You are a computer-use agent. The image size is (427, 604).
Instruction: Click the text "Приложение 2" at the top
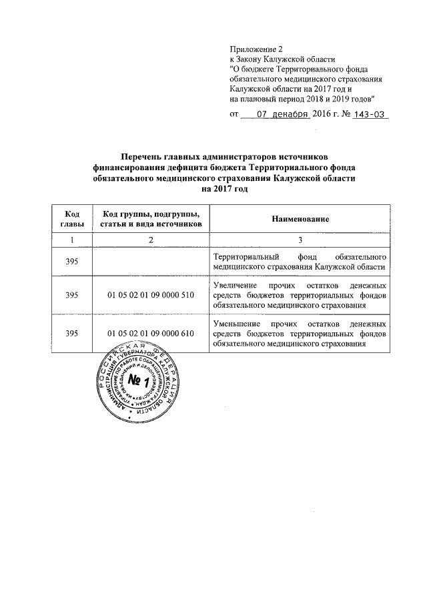256,49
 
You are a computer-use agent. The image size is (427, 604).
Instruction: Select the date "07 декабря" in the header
284,114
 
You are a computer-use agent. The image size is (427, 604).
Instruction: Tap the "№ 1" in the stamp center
136,382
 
